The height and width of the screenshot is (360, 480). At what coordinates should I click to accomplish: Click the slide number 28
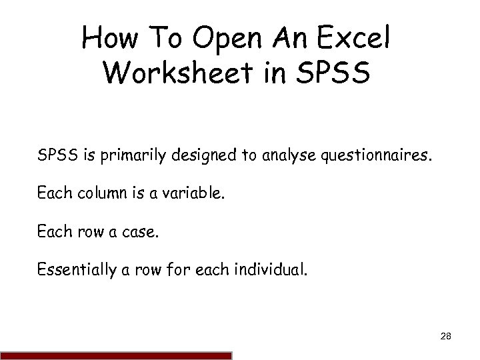(446, 339)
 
